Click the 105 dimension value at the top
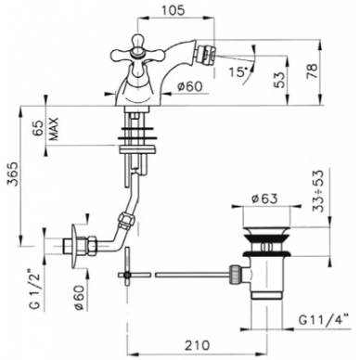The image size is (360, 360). coord(173,10)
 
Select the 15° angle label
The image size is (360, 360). coord(238,71)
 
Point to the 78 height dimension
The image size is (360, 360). coord(314,71)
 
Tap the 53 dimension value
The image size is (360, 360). coord(279,80)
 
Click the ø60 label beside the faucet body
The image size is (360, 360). coord(189,86)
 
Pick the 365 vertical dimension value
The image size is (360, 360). coord(13,174)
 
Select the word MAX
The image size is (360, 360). coord(55,129)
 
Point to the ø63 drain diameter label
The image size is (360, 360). coord(264,199)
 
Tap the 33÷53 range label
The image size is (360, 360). coord(318,191)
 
